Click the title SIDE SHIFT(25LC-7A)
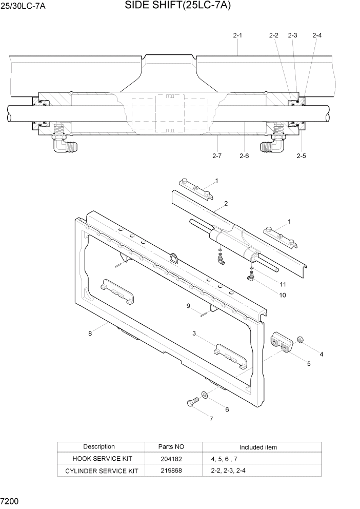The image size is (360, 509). pos(177,6)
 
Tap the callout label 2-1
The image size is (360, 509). pos(237,35)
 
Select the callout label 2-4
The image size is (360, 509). pos(317,35)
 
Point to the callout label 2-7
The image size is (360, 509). pos(217,155)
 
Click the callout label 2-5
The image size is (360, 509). pos(301,155)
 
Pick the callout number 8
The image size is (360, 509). pos(90,334)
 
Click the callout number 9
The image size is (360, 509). pos(188,306)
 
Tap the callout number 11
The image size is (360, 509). pos(283,284)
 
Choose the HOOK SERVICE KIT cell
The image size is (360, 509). pos(99,459)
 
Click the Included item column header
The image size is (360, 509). pos(258,447)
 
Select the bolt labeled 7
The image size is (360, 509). pos(192,402)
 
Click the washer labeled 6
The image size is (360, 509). pos(205,395)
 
